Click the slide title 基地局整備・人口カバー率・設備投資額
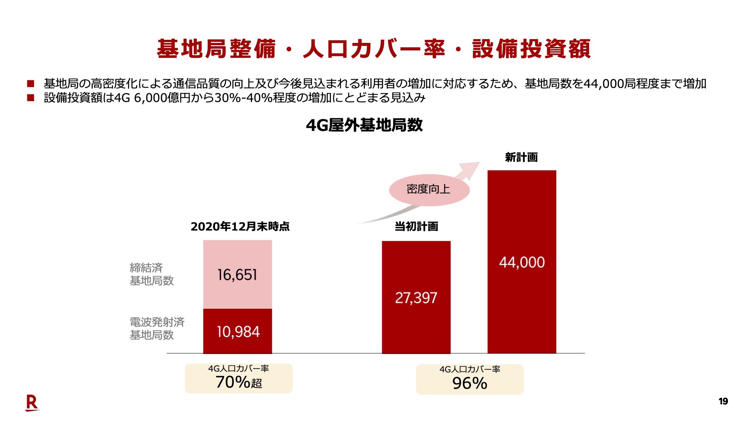pyautogui.click(x=374, y=49)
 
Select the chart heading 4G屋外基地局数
pyautogui.click(x=364, y=125)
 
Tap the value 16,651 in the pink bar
pyautogui.click(x=237, y=275)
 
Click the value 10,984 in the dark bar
pyautogui.click(x=238, y=332)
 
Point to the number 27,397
pyautogui.click(x=416, y=298)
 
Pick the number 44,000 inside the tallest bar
pyautogui.click(x=522, y=262)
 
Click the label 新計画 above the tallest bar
pyautogui.click(x=521, y=157)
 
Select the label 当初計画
pyautogui.click(x=416, y=226)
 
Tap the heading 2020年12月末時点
pyautogui.click(x=240, y=226)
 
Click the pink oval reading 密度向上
pyautogui.click(x=429, y=190)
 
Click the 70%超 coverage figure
pyautogui.click(x=239, y=382)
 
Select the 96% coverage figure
pyautogui.click(x=469, y=383)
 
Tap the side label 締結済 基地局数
pyautogui.click(x=151, y=274)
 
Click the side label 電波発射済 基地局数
pyautogui.click(x=156, y=328)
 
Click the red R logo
pyautogui.click(x=32, y=403)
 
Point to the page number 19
pyautogui.click(x=723, y=401)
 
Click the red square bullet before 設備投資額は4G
pyautogui.click(x=31, y=98)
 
